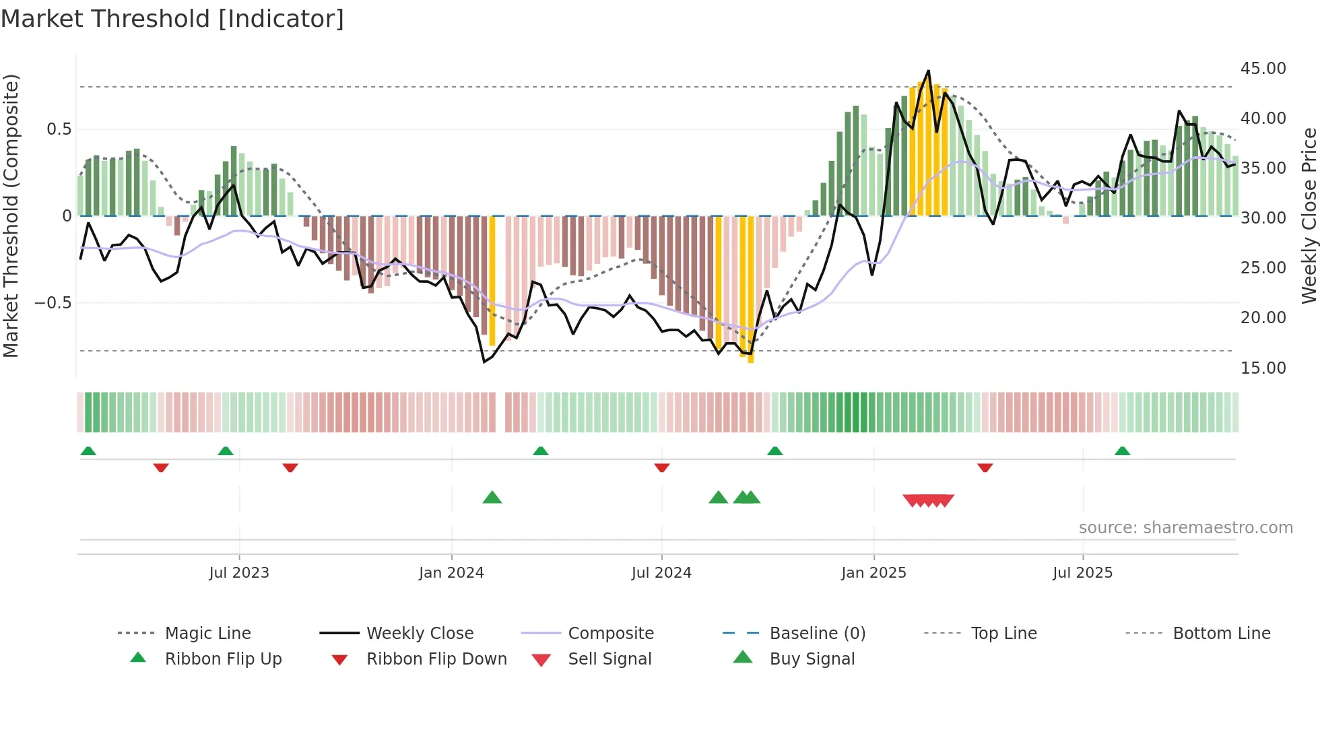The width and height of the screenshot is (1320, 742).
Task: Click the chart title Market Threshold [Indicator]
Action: click(x=172, y=19)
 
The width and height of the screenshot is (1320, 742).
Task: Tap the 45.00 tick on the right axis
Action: click(x=1263, y=69)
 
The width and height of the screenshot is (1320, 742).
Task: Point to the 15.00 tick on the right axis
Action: click(x=1263, y=368)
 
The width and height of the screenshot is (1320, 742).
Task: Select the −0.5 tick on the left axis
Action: click(x=53, y=303)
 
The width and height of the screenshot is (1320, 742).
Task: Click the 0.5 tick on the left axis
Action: click(x=59, y=129)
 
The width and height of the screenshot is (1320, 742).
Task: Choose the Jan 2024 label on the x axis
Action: click(x=451, y=573)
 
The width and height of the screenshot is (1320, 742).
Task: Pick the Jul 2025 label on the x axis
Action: click(x=1082, y=573)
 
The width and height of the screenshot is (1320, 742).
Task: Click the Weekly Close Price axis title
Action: click(x=1309, y=215)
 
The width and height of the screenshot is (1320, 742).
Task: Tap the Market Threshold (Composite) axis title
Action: click(x=11, y=215)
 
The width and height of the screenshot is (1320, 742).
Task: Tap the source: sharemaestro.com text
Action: click(x=1185, y=528)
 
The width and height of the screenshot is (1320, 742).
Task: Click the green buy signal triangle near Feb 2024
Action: click(x=492, y=498)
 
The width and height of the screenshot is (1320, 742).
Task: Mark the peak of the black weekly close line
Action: click(x=929, y=71)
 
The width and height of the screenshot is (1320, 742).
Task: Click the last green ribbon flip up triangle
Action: click(x=1122, y=451)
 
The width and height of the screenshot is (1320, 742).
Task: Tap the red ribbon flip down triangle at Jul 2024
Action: click(x=662, y=467)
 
